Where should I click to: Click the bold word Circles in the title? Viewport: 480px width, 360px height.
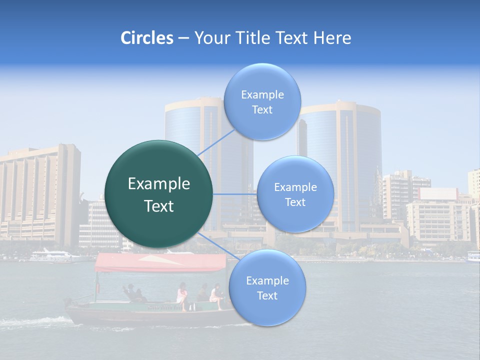[146, 38]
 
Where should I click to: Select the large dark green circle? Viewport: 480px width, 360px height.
[159, 194]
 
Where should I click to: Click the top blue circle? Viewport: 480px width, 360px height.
[262, 101]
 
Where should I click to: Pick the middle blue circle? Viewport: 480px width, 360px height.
[295, 194]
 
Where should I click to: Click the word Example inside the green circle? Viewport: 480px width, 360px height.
[159, 184]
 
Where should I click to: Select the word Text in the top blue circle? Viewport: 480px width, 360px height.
[262, 110]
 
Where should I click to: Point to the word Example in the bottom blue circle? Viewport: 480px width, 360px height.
[267, 280]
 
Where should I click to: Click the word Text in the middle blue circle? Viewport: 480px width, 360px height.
[295, 202]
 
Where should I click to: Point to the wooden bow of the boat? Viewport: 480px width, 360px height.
[75, 305]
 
